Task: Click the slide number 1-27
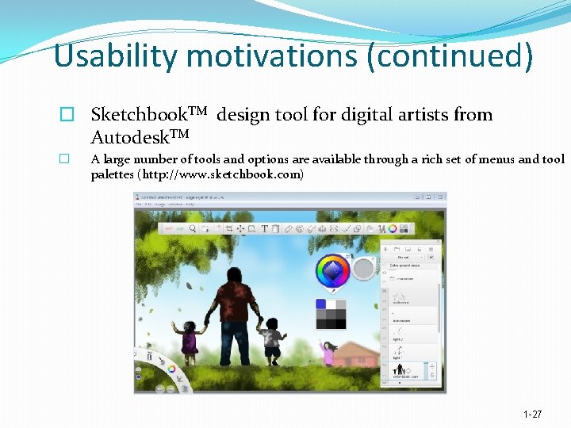(x=533, y=415)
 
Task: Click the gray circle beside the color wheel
(x=363, y=269)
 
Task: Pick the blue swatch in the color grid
(x=321, y=304)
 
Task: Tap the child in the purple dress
(x=190, y=339)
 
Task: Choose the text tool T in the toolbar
(x=264, y=229)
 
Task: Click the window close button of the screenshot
(x=439, y=197)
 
